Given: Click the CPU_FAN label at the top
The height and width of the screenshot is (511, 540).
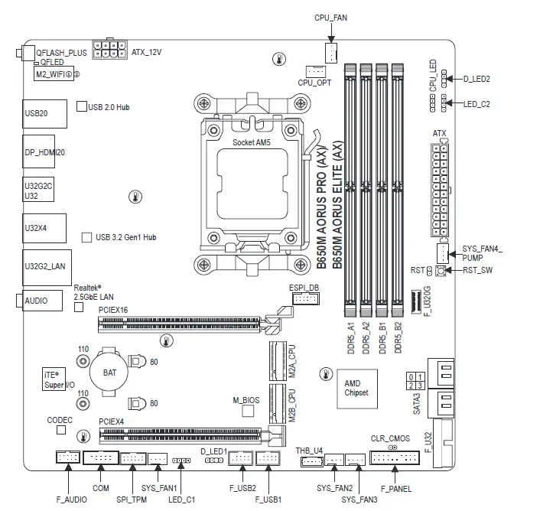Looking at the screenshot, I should tap(331, 17).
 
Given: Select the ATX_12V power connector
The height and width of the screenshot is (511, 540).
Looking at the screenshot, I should tap(109, 50).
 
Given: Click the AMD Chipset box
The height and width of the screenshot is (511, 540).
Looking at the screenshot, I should tap(356, 387).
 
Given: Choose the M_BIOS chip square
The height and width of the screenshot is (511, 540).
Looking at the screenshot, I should tap(246, 412).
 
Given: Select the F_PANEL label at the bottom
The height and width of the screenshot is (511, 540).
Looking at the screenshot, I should tap(395, 489).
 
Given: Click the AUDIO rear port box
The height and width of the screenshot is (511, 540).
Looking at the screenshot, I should tap(37, 301).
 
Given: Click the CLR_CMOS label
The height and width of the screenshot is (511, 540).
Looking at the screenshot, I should tap(391, 438).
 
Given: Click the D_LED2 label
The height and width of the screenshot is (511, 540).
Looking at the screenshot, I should tap(478, 79).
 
